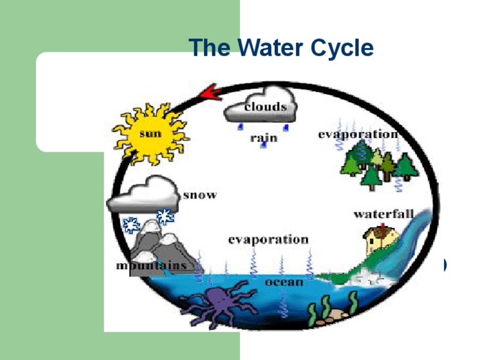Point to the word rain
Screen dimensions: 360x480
263,138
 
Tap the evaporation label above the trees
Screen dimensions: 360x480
358,134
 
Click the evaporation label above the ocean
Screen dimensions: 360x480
268,239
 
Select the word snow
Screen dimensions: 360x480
199,195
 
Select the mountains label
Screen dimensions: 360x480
151,265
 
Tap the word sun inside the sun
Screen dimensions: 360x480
150,134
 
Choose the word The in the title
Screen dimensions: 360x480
209,47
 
